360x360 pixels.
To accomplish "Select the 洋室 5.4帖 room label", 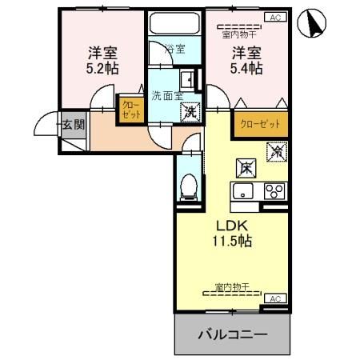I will (247, 62).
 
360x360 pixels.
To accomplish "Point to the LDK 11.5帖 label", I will (232, 232).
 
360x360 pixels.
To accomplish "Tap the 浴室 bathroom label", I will (175, 49).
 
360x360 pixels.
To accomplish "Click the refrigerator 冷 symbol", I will (278, 149).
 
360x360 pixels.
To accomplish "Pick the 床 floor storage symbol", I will (246, 168).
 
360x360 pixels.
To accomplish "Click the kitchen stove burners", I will (274, 190).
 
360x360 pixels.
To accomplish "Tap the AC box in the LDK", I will (274, 298).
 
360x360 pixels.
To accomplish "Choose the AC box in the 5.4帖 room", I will (274, 16).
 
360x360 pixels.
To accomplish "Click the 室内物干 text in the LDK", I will (233, 286).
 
